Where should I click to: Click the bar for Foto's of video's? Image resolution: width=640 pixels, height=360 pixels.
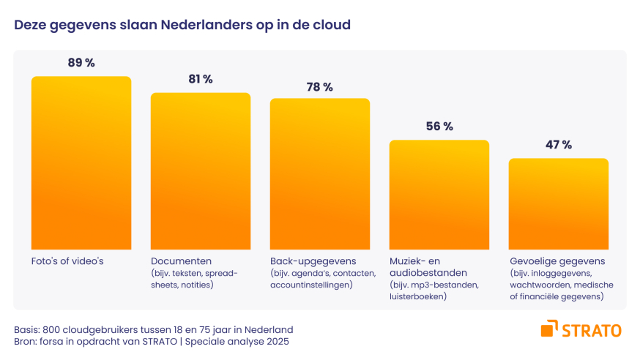click(81, 162)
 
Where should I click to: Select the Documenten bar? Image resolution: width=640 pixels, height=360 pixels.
click(201, 170)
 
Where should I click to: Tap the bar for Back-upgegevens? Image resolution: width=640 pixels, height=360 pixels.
click(320, 173)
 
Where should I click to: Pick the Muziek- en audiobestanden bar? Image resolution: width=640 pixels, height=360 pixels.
click(439, 194)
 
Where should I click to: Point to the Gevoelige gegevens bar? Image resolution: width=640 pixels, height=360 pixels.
click(558, 203)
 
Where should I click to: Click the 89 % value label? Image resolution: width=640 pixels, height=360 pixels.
click(81, 63)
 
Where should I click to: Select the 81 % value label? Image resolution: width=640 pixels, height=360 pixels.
click(201, 79)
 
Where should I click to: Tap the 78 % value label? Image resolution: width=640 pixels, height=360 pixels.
click(320, 87)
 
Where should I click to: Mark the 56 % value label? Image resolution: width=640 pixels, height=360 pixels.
click(439, 127)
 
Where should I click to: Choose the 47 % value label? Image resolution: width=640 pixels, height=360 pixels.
click(558, 145)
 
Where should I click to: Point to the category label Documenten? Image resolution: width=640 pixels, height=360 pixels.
click(182, 261)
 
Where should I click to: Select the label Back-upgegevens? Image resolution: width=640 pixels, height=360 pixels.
click(313, 261)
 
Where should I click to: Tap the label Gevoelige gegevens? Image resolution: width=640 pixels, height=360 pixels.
click(562, 261)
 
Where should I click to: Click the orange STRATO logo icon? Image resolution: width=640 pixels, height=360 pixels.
click(549, 329)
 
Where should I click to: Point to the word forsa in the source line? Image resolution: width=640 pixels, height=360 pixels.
click(53, 341)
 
